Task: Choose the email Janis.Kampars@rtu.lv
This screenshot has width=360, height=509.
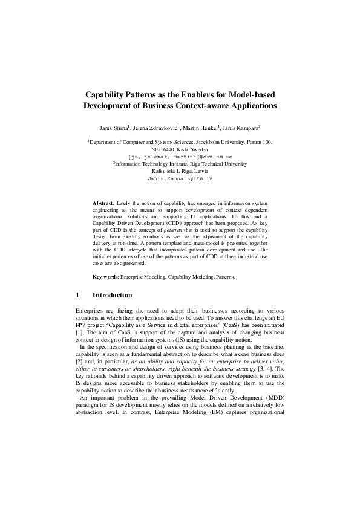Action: click(180, 179)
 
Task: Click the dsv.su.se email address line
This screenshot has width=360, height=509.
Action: click(180, 156)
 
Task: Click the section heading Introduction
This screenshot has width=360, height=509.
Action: click(112, 295)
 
